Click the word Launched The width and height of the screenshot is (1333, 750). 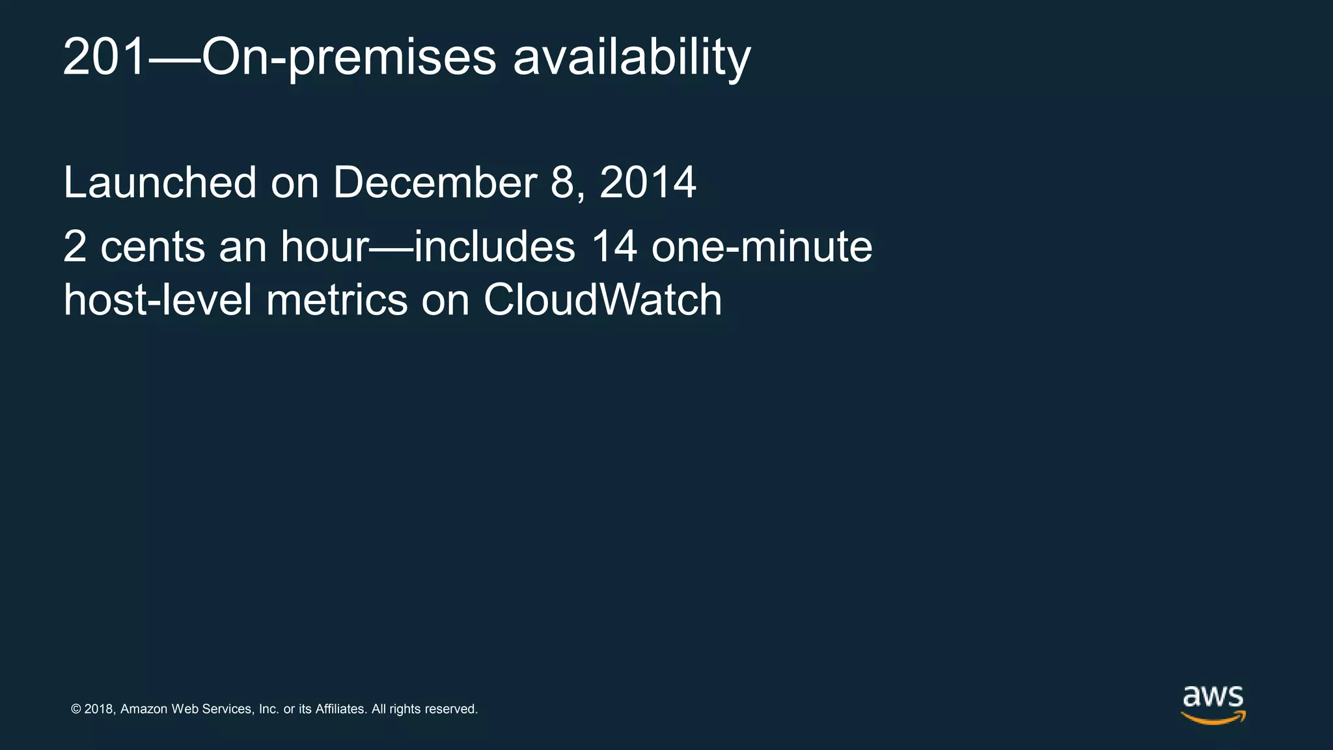point(160,183)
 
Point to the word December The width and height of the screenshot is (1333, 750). point(435,183)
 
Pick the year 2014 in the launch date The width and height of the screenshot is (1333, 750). point(648,183)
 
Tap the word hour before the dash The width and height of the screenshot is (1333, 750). point(325,247)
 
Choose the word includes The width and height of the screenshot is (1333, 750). point(495,247)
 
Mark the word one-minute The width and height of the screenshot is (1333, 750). point(762,247)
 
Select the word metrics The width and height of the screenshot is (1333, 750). point(337,300)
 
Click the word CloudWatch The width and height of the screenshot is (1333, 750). point(602,300)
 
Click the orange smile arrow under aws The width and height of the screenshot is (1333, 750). point(1213,718)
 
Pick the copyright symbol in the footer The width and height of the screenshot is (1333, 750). point(76,709)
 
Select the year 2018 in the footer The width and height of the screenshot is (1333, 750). point(100,709)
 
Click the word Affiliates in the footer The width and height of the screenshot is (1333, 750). point(340,709)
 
